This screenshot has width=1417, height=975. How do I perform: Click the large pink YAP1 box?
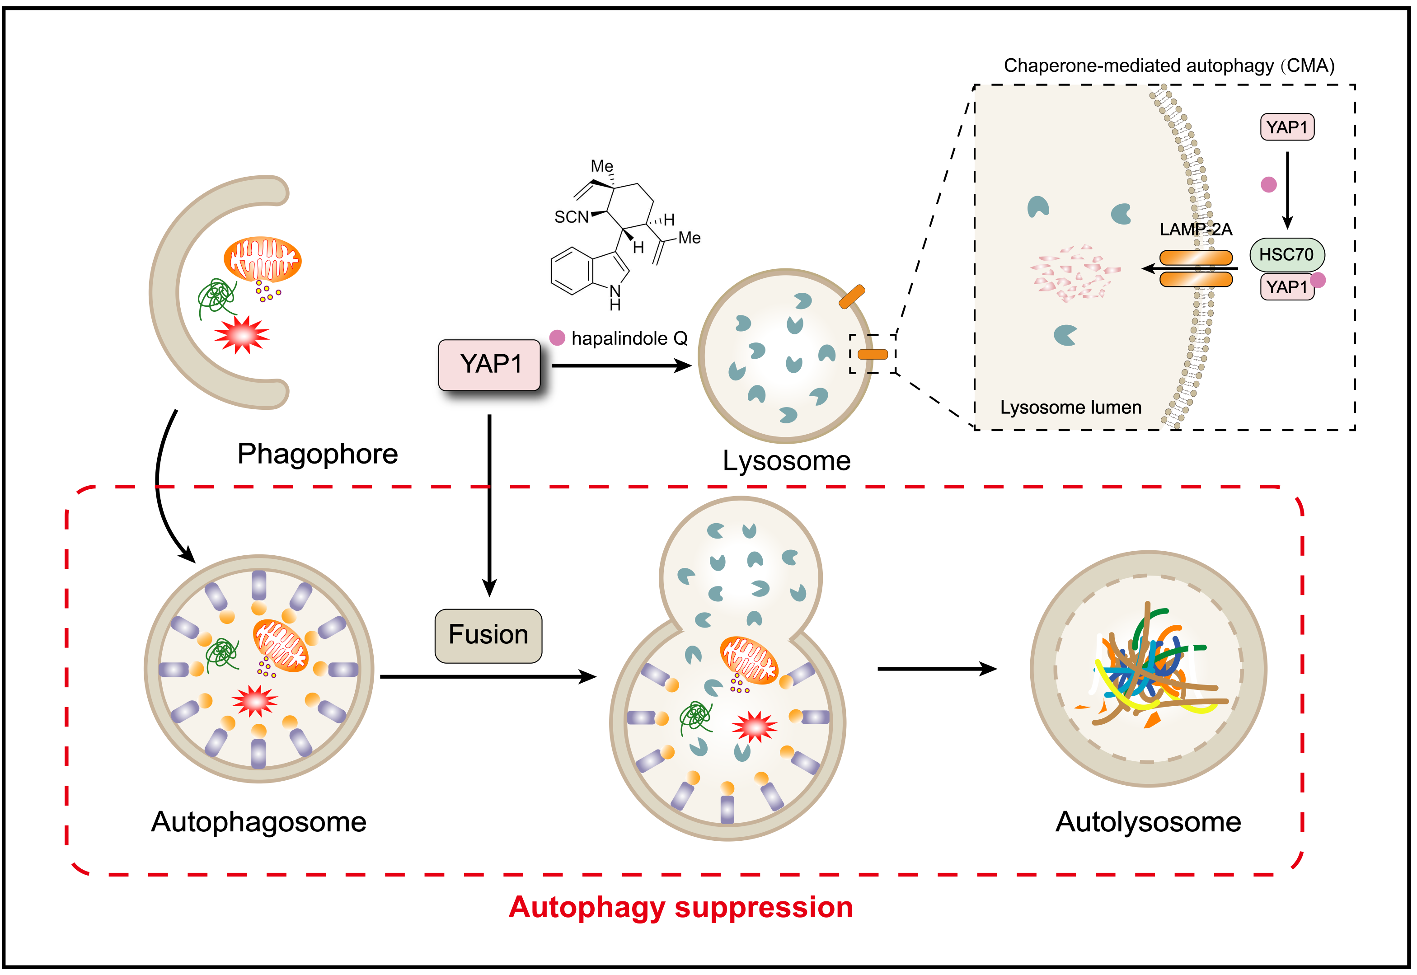point(489,365)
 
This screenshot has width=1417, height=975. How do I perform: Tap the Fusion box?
point(488,635)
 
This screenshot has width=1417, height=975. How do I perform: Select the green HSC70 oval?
point(1286,255)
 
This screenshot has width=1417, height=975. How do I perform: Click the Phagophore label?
point(317,454)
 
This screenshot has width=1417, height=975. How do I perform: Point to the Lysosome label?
point(786,461)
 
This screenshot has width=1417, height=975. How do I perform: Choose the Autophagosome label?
point(258,822)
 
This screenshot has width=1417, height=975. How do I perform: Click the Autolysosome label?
point(1148,822)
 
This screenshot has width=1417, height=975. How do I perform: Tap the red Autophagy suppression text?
point(680,907)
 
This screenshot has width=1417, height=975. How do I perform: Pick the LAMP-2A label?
point(1195,230)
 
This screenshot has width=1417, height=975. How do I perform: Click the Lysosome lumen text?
point(1070,408)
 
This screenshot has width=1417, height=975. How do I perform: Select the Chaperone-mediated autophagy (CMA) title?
point(1168,66)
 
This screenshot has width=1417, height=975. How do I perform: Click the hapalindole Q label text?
point(629,338)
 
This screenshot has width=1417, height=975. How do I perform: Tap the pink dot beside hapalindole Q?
point(557,338)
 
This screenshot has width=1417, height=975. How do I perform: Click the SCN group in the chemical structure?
point(571,217)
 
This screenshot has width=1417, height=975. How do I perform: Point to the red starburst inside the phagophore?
point(242,335)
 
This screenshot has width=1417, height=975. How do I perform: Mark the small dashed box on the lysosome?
point(872,354)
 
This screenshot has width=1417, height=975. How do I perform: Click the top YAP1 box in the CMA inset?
point(1287,127)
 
